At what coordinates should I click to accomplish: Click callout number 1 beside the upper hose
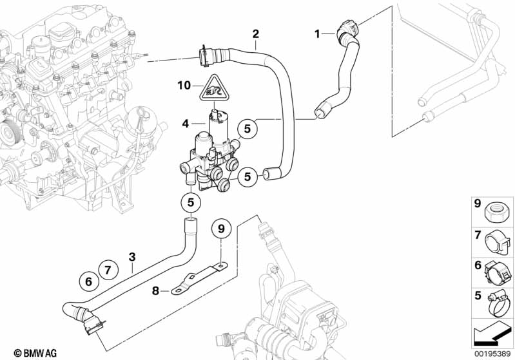pos(317,33)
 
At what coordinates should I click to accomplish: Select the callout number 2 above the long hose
pos(255,33)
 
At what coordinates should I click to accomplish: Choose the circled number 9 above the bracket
pos(220,228)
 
